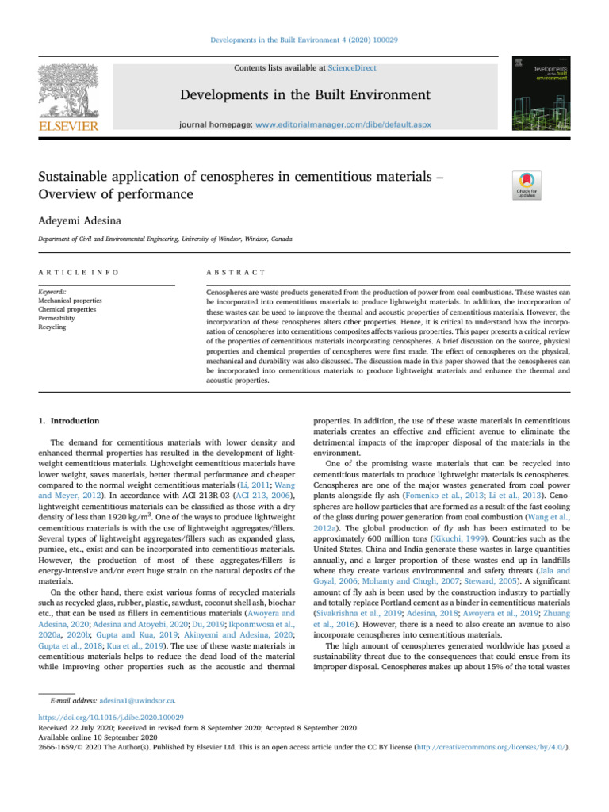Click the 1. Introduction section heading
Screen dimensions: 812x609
click(69, 420)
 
